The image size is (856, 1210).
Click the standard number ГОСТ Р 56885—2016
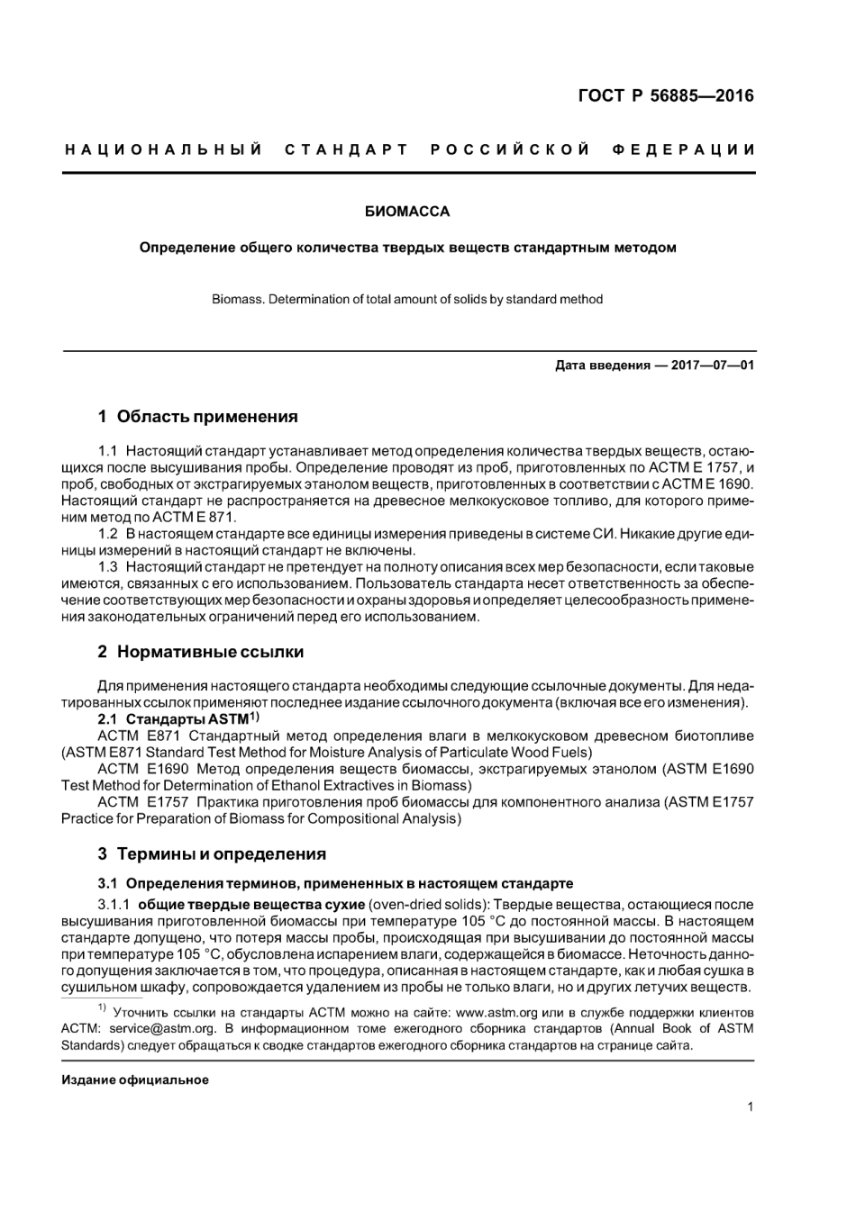tap(666, 96)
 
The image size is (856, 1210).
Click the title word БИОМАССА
tap(406, 212)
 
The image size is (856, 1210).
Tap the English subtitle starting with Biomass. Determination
tap(406, 299)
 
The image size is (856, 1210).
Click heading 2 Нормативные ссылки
tap(200, 651)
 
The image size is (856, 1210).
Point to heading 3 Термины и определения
tap(212, 853)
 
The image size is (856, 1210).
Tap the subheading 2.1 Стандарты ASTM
tap(178, 718)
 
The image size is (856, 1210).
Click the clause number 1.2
tap(108, 534)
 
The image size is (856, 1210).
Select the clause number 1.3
tap(108, 567)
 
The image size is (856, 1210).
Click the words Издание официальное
tap(135, 1079)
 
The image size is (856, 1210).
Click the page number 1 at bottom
tap(750, 1107)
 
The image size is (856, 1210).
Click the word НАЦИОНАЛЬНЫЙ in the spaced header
tap(163, 149)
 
